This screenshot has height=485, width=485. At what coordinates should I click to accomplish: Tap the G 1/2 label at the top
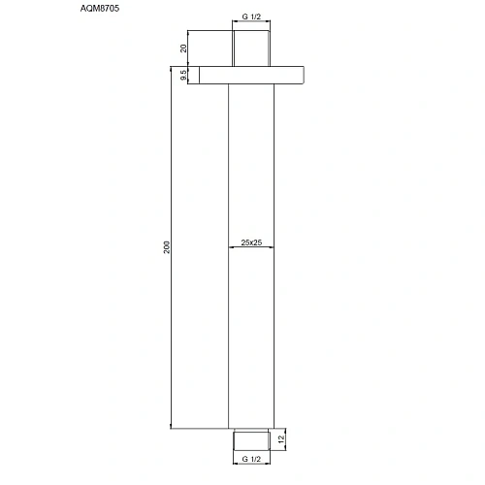pyautogui.click(x=252, y=16)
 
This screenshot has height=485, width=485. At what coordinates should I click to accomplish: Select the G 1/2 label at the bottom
pyautogui.click(x=252, y=459)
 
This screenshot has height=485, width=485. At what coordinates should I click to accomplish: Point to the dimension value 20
pyautogui.click(x=184, y=48)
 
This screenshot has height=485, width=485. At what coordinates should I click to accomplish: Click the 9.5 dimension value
pyautogui.click(x=184, y=75)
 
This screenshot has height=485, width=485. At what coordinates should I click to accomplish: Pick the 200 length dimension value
pyautogui.click(x=166, y=247)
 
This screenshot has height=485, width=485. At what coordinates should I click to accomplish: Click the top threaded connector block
pyautogui.click(x=252, y=48)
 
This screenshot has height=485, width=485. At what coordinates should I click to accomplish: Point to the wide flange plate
pyautogui.click(x=252, y=75)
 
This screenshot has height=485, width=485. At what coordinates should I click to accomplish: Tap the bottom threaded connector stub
pyautogui.click(x=252, y=440)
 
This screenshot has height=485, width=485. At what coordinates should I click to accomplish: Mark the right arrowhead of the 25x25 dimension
pyautogui.click(x=272, y=247)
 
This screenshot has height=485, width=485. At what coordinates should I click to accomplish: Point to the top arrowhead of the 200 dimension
pyautogui.click(x=173, y=68)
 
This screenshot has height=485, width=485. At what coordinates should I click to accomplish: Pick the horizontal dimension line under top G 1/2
pyautogui.click(x=252, y=25)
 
